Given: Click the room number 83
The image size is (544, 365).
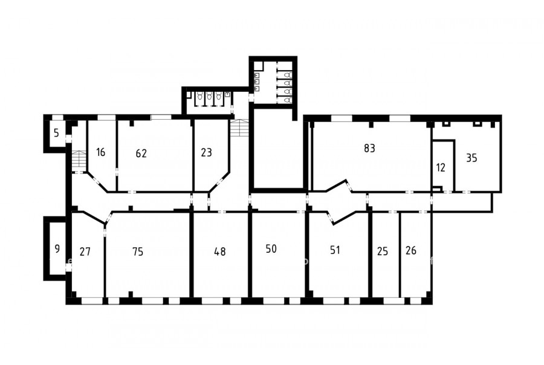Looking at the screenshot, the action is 369,148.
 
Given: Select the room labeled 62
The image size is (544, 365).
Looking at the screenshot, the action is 141,153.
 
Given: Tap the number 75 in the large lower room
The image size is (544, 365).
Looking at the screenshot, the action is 138,251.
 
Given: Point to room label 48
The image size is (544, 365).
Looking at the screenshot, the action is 220,251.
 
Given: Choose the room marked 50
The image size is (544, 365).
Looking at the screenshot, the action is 271,249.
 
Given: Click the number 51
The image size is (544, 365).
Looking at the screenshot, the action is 335,250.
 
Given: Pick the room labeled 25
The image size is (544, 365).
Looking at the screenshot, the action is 383,251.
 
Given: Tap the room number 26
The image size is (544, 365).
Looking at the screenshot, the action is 411,251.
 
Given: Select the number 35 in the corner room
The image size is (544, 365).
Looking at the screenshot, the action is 471,158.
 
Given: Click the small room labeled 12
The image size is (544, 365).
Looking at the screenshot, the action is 441,168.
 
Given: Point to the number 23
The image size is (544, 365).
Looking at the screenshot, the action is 207,152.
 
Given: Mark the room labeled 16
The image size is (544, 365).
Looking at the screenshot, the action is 100,152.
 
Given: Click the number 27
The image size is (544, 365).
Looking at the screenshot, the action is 85,251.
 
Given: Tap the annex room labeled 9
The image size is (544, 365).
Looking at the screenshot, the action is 57,249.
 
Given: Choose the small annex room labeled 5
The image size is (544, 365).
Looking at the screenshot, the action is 57,133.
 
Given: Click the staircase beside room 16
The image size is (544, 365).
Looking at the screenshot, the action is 80,158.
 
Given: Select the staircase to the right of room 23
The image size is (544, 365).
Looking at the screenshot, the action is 240,128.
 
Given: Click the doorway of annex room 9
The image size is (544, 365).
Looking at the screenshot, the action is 68,268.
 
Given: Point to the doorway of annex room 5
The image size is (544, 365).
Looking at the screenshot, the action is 68,138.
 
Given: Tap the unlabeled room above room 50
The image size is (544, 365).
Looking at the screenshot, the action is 278,149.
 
